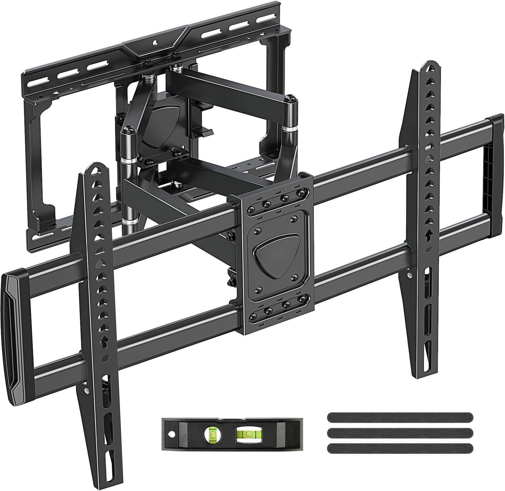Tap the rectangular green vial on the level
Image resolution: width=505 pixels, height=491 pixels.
[246, 435]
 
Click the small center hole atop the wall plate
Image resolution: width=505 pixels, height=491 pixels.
[155, 42]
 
